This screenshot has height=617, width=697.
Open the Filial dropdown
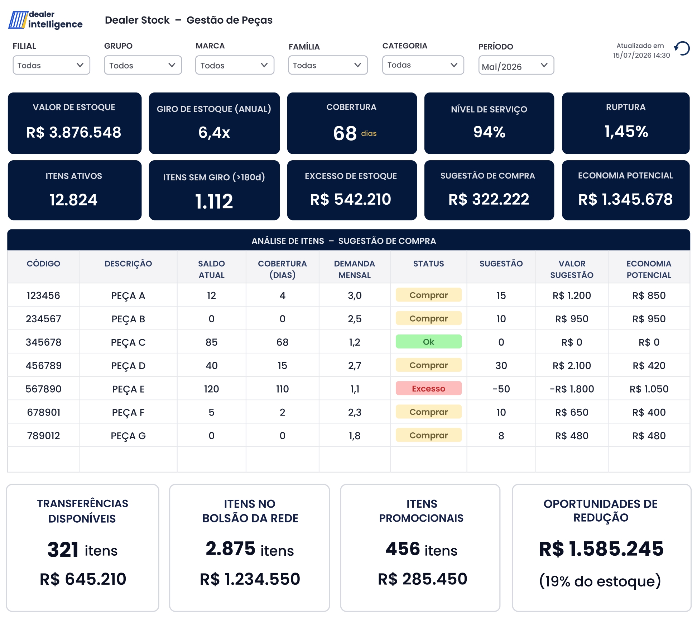(x=51, y=65)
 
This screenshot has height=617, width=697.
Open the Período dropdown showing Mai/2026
(x=516, y=66)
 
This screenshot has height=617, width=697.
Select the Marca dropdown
(x=235, y=65)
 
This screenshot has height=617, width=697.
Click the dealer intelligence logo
(x=45, y=20)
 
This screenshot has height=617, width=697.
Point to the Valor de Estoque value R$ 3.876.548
(x=74, y=132)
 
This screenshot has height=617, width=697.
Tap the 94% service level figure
(x=489, y=132)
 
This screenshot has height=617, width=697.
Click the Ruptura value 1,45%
(x=626, y=132)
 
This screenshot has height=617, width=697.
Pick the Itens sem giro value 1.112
(x=214, y=201)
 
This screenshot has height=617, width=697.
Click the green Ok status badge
(x=429, y=342)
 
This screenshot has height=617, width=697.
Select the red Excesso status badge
(x=429, y=388)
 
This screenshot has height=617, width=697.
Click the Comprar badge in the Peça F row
(x=429, y=412)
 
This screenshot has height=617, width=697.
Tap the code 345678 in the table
(x=44, y=342)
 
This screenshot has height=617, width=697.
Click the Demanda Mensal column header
(x=355, y=269)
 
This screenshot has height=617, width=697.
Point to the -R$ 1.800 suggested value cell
(x=572, y=389)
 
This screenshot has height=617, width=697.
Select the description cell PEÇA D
(x=128, y=366)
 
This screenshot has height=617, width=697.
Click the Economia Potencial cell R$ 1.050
(x=649, y=389)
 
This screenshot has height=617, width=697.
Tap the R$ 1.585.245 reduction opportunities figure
(x=601, y=549)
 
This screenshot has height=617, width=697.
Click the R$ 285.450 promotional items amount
(x=423, y=579)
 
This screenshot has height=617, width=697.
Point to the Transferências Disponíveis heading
(x=82, y=511)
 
